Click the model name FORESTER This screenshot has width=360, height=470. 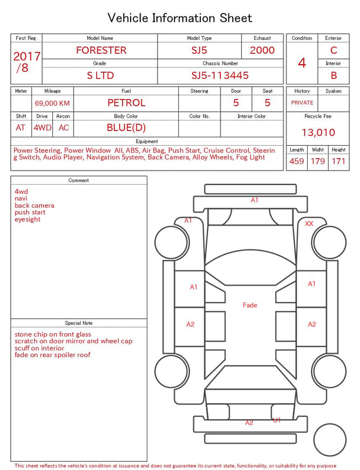[101, 50]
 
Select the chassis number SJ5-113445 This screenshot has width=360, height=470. [220, 75]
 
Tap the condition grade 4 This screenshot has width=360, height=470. [302, 63]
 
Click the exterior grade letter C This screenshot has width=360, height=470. [334, 50]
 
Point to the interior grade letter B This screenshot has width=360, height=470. [334, 75]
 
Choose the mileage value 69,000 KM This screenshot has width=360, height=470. [52, 104]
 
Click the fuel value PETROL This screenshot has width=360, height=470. [127, 103]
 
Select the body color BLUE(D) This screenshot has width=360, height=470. [126, 128]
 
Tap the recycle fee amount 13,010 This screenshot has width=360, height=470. [318, 132]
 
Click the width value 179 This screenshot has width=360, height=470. [318, 161]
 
